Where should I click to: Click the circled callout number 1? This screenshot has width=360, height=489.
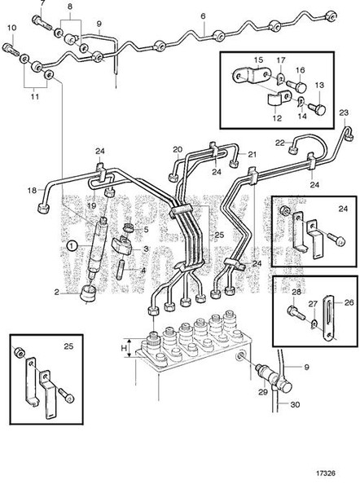coord(72,244)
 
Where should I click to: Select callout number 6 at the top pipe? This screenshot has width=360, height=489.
coord(203,16)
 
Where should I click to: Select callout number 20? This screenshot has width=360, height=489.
coord(178,149)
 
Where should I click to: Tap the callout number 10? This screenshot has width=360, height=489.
coord(11,29)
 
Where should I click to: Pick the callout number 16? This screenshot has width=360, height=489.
coord(299,71)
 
